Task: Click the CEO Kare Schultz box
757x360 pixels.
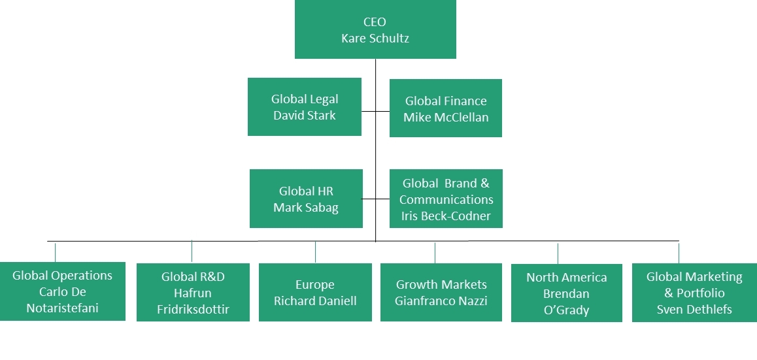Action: [x=375, y=29]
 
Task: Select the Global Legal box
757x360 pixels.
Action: [x=305, y=106]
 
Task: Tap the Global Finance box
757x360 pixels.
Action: [x=446, y=108]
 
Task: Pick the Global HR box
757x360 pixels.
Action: [x=306, y=199]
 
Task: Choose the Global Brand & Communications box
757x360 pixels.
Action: [x=446, y=199]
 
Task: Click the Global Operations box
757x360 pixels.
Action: [x=62, y=291]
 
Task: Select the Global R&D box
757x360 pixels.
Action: [x=193, y=292]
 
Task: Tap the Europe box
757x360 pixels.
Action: [x=315, y=292]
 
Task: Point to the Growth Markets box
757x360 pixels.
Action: [x=441, y=292]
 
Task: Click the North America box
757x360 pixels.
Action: [x=566, y=293]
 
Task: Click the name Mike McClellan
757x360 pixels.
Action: [x=446, y=118]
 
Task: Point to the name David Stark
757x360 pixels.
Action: [x=305, y=116]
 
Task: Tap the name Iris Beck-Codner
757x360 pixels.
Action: [x=446, y=216]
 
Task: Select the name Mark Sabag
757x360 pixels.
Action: [x=306, y=208]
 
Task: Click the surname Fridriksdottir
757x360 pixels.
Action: [x=193, y=309]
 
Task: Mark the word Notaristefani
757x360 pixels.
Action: [x=63, y=308]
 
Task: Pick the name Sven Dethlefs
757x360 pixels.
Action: [x=694, y=309]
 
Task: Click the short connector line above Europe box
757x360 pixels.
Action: [x=315, y=252]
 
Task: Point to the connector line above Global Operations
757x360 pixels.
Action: [x=55, y=252]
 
